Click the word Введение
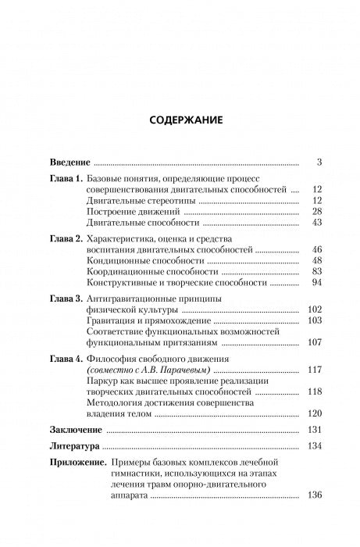70,163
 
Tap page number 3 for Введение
309,163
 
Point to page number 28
306,211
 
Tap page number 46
306,250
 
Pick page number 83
306,272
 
